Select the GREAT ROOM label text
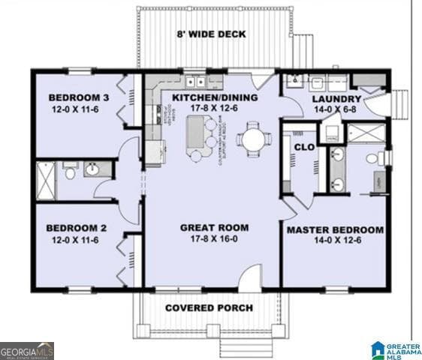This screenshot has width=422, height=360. pyautogui.click(x=214, y=227)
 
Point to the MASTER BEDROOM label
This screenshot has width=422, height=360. pyautogui.click(x=334, y=229)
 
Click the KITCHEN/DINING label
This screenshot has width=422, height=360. pyautogui.click(x=215, y=97)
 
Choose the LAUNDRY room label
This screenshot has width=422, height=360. pyautogui.click(x=336, y=99)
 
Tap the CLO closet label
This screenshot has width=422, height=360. pyautogui.click(x=304, y=147)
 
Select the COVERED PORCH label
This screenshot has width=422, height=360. pyautogui.click(x=209, y=307)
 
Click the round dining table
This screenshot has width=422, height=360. pyautogui.click(x=253, y=139)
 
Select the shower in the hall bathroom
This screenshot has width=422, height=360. pyautogui.click(x=47, y=181)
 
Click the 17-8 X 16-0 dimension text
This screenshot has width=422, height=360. pyautogui.click(x=214, y=240)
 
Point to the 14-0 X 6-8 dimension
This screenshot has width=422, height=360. pyautogui.click(x=336, y=110)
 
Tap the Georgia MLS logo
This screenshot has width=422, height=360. pyautogui.click(x=27, y=350)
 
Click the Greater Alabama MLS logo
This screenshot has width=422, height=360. pyautogui.click(x=396, y=349)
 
